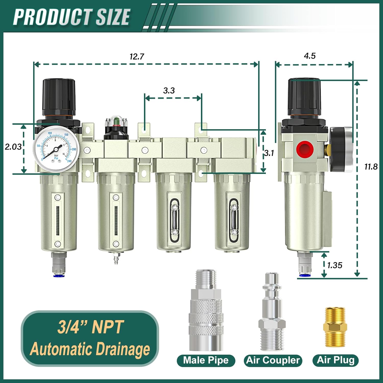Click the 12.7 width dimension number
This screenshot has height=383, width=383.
pos(137,56)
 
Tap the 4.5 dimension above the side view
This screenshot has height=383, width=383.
pos(309,56)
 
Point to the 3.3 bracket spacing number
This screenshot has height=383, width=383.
pos(169,90)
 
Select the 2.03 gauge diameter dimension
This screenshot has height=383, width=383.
pos(13,147)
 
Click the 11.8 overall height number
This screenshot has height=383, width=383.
pos(371,167)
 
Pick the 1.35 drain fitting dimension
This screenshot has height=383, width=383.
pos(334,265)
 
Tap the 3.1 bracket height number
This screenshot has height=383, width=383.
pos(269,153)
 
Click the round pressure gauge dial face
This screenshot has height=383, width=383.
pos(56,148)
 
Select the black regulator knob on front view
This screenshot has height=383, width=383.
pos(59,97)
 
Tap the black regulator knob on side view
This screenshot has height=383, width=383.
pos(304,97)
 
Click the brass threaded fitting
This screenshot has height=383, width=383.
pos(335,327)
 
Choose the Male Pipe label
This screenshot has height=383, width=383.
pos(206,360)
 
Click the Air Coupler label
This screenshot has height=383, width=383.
pos(273,360)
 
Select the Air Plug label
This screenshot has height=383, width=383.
pos(336,360)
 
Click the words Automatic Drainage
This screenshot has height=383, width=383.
pos(90,349)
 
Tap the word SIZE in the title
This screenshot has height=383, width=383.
pos(113,17)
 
